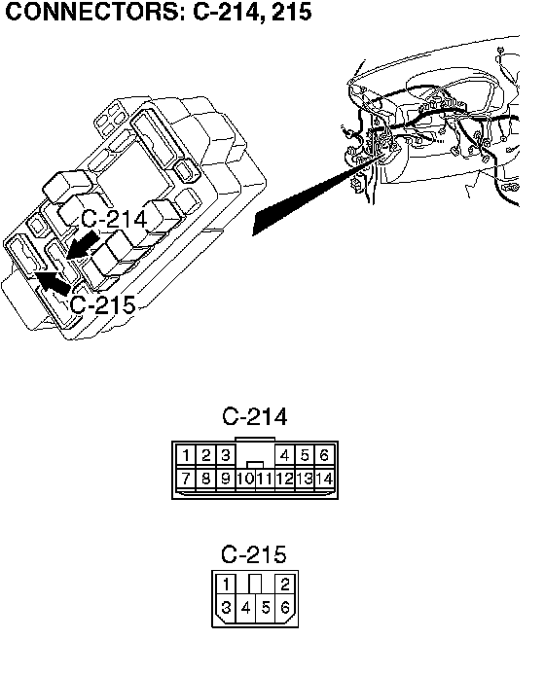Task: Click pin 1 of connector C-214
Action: coord(186,455)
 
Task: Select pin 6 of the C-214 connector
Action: coord(325,455)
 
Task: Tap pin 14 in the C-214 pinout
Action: coord(325,479)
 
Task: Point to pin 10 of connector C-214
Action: coord(245,479)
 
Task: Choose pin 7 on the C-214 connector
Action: coord(186,479)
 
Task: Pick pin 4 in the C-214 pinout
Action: coord(285,455)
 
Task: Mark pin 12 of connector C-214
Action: coord(285,479)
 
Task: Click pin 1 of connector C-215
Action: coord(226,585)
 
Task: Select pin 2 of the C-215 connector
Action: coord(285,585)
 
